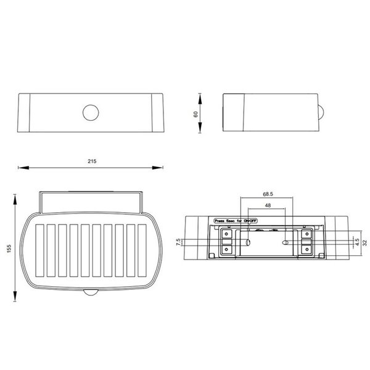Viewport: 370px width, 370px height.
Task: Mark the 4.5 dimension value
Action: (358, 241)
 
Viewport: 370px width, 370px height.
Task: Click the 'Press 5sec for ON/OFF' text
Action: (235, 220)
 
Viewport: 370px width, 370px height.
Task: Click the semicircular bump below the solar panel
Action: (92, 293)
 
